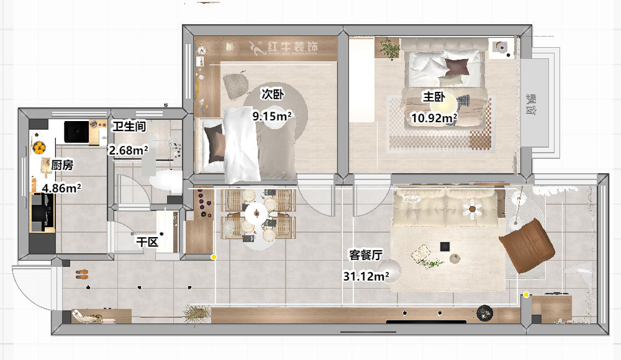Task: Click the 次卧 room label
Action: point(272,95)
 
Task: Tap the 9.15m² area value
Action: point(272,115)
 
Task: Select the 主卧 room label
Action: point(433,97)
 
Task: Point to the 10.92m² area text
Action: point(434,117)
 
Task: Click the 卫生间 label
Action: point(129,127)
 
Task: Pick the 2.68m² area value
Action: point(129,150)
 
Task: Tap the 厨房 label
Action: point(62,165)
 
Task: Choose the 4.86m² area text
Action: point(61,187)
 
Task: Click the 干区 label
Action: point(147,241)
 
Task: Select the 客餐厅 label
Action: point(365,254)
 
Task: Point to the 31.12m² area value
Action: point(366,276)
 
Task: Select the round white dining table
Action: point(256,215)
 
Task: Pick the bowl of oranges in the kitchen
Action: point(39,148)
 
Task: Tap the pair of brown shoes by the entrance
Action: point(82,274)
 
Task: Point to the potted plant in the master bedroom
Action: point(390,48)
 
